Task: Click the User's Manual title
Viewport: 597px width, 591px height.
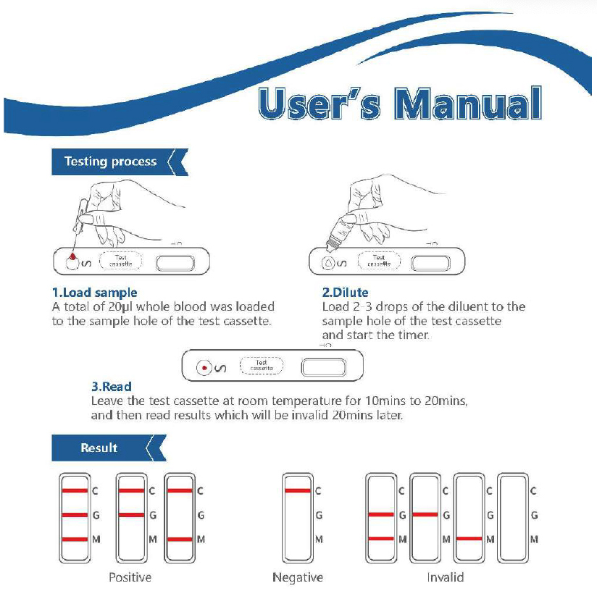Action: pyautogui.click(x=399, y=104)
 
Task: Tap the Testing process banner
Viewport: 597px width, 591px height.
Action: pyautogui.click(x=111, y=162)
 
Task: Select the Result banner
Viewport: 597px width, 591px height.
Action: pyautogui.click(x=99, y=448)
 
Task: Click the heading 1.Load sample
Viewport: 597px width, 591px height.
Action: pyautogui.click(x=94, y=293)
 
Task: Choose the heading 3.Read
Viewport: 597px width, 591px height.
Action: pyautogui.click(x=111, y=387)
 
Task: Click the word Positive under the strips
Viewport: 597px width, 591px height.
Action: pyautogui.click(x=130, y=577)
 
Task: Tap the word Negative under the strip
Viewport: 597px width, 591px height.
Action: pyautogui.click(x=298, y=577)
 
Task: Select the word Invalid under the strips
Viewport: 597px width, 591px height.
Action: pyautogui.click(x=445, y=577)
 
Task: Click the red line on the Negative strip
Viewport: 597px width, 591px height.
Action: pyautogui.click(x=298, y=491)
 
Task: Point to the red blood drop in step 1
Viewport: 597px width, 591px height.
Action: pyautogui.click(x=72, y=256)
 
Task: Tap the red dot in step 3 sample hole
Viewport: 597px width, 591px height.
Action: pyautogui.click(x=205, y=368)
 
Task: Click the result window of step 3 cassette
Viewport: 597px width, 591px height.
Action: pyautogui.click(x=322, y=367)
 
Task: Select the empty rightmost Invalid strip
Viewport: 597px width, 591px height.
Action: pyautogui.click(x=511, y=516)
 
